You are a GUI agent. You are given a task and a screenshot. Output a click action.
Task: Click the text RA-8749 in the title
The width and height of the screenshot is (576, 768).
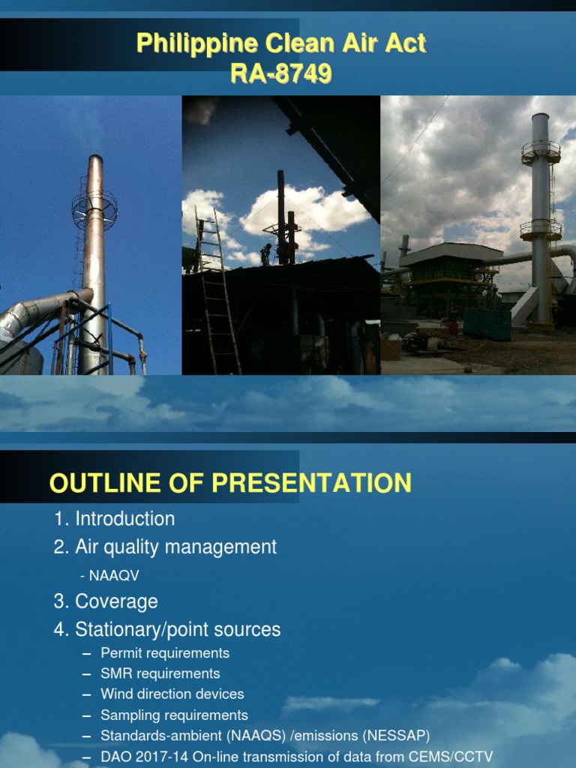(x=281, y=74)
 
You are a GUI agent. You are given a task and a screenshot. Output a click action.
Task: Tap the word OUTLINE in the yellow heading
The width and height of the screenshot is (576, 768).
(x=95, y=483)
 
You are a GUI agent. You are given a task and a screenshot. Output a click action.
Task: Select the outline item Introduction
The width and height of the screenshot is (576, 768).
(x=124, y=519)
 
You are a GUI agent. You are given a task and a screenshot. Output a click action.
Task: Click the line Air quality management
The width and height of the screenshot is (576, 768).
(x=175, y=547)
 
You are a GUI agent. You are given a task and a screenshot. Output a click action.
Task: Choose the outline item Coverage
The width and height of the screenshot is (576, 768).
(x=116, y=602)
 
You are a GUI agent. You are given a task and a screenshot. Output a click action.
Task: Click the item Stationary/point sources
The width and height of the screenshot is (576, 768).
(x=178, y=630)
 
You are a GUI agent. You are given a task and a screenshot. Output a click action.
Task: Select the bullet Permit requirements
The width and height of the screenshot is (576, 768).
(x=165, y=653)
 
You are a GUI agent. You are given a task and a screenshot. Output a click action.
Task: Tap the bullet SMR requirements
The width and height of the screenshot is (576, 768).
(x=160, y=673)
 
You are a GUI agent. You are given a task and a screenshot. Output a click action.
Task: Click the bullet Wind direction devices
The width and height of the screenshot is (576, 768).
(x=172, y=694)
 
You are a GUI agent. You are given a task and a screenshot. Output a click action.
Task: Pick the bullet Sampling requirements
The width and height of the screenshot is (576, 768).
(x=174, y=715)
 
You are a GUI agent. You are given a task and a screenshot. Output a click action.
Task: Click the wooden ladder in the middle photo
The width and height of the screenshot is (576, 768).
(x=217, y=292)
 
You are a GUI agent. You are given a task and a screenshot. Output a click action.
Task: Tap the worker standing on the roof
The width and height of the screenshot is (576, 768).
(x=265, y=254)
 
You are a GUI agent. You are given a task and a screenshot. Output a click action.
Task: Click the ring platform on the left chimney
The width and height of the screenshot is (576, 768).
(x=94, y=208)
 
